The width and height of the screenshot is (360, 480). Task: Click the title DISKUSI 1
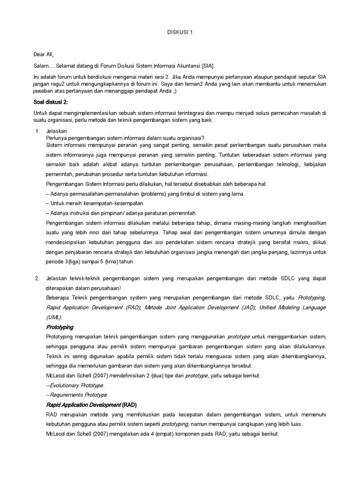click(180, 32)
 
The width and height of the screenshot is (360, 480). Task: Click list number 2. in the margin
click(38, 278)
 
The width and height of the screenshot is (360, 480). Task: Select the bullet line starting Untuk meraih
click(94, 203)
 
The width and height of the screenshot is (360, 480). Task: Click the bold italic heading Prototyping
click(60, 327)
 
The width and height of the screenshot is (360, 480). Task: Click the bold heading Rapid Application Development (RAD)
click(91, 405)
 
